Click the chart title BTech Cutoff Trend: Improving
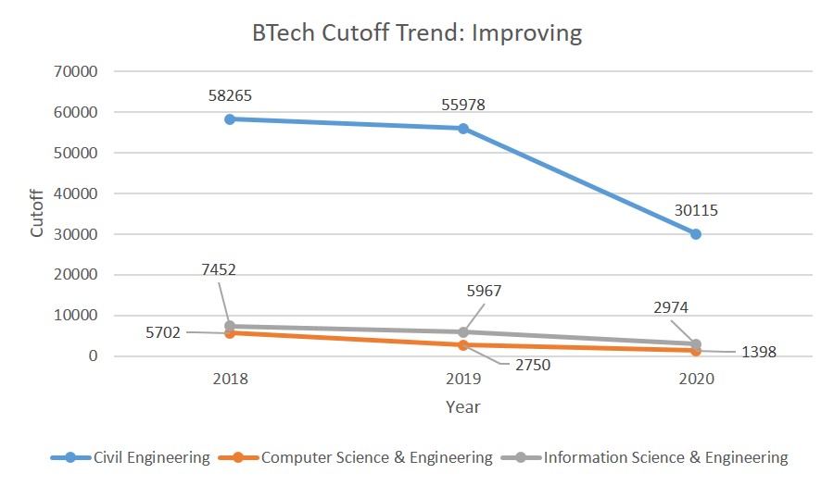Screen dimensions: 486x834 [417, 34]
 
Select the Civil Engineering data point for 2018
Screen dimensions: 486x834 [229, 118]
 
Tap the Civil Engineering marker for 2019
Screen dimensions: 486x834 [462, 128]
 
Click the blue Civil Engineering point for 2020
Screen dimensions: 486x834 [696, 233]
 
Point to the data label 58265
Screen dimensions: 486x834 [232, 95]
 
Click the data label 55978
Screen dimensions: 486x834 [462, 105]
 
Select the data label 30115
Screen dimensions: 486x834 [695, 210]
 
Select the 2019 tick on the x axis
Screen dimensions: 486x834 [462, 379]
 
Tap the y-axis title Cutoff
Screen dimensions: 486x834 [38, 213]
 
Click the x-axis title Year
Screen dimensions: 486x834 [462, 406]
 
